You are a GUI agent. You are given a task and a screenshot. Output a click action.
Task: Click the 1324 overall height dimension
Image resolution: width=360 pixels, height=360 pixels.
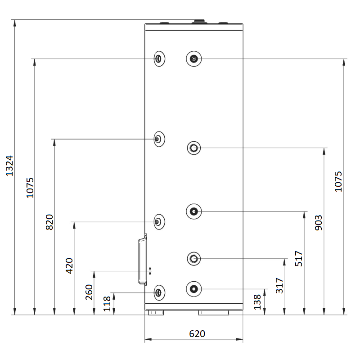(9, 166)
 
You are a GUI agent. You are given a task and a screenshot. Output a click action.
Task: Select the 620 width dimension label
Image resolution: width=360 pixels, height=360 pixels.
(197, 333)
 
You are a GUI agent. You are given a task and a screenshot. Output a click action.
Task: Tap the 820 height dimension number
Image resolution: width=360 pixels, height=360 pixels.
(49, 222)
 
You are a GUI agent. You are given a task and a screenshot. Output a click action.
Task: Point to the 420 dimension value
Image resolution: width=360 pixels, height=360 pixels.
(69, 266)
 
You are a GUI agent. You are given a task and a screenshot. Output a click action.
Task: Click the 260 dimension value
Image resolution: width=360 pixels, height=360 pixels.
(89, 292)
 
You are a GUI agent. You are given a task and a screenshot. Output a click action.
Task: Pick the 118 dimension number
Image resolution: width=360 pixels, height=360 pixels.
(107, 304)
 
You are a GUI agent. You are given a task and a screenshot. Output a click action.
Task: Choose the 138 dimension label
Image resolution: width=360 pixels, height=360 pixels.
(257, 302)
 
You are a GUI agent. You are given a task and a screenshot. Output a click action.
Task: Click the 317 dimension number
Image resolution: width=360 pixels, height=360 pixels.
(279, 286)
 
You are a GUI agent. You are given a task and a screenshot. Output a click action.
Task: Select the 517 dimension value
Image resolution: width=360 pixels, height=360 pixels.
(299, 258)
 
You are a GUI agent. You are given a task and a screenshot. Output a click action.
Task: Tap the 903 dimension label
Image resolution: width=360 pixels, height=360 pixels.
(319, 223)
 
